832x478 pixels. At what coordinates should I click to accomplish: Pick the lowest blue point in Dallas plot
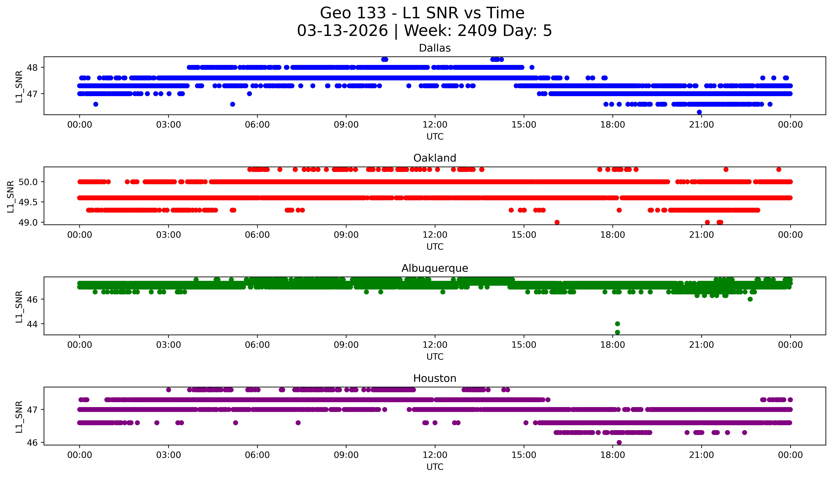699,112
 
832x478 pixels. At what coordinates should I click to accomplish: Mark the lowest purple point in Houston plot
619,442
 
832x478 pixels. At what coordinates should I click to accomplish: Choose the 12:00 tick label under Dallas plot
435,125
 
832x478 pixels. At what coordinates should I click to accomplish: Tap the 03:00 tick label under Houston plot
169,455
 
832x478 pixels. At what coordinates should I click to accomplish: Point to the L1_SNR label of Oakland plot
11,196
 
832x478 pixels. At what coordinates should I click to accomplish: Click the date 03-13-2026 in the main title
342,31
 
